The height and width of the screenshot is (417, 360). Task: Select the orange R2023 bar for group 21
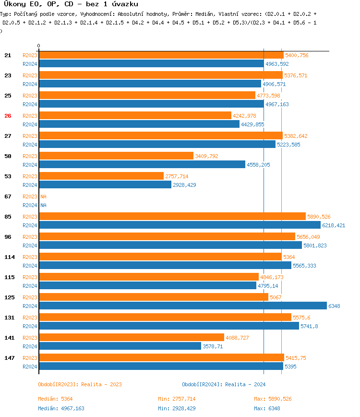161,55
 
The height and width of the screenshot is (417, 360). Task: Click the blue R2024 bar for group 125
182,306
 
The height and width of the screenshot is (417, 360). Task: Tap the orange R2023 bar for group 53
101,176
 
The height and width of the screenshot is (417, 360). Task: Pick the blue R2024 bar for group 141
120,346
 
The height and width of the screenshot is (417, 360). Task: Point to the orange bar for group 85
172,217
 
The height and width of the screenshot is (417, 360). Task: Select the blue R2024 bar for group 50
142,164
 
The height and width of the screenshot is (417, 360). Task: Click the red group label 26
8,116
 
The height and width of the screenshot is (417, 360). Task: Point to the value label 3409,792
206,156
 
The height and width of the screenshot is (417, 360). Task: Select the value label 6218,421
334,225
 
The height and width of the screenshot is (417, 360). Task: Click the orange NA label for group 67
43,196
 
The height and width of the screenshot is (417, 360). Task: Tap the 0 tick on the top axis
38,45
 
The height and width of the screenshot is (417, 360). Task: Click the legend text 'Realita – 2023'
101,384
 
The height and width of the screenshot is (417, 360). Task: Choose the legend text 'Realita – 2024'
245,384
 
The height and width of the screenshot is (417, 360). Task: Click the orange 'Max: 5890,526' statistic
273,399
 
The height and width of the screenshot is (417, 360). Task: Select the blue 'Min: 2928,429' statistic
177,408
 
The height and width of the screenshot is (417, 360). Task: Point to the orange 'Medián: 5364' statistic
55,399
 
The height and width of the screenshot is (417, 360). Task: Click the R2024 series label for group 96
30,245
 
